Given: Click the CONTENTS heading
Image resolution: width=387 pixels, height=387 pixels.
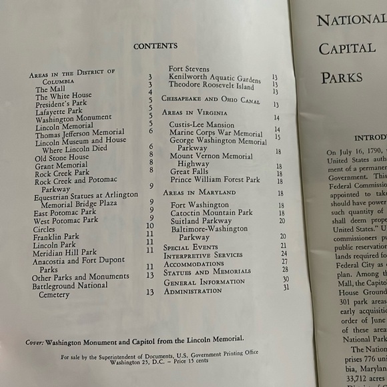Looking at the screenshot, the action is pos(155,46).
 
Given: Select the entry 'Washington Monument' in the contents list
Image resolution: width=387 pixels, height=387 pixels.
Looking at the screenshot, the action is pos(73,117).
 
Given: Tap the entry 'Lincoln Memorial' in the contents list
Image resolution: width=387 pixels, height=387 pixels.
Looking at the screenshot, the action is pos(64,125).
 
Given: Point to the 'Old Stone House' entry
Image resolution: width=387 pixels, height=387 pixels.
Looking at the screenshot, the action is pos(61,157).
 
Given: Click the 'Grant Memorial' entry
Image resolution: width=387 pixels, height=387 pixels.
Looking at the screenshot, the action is pos(61,165).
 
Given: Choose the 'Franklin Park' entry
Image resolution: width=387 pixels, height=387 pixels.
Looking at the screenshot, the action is pos(56,236).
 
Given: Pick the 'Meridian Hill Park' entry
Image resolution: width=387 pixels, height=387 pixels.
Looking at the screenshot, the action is pos(65,252).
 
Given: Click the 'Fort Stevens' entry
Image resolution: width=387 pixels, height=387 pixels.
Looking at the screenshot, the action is pos(189,69).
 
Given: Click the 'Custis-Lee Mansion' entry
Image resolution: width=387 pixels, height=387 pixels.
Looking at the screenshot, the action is pos(202,125).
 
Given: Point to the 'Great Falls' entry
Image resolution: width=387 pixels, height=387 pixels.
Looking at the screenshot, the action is pos(189,171).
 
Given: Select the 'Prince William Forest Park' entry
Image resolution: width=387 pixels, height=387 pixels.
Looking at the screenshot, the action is pos(215,179).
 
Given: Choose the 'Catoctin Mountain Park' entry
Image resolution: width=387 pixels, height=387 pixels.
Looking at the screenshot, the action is pos(212,213).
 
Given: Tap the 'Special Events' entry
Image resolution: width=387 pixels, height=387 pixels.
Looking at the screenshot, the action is pos(190,247).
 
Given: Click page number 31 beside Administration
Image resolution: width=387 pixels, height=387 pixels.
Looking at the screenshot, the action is pos(286,288).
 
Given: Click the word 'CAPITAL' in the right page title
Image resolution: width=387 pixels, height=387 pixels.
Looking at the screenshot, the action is pos(347,49).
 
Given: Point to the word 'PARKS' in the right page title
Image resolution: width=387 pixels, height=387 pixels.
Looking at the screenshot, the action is pos(342,77).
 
